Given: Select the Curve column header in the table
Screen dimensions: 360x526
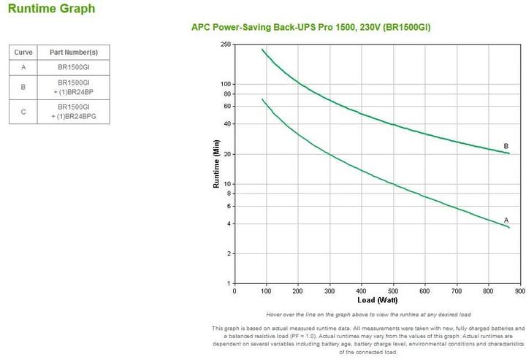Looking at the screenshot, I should tap(23, 53).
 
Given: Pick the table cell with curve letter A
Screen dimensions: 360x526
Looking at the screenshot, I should tap(23, 66).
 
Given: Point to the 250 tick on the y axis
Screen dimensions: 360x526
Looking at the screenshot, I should tap(226, 45).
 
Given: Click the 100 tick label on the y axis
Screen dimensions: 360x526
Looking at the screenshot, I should tap(226, 85).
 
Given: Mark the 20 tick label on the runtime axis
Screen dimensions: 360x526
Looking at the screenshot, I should tap(227, 154).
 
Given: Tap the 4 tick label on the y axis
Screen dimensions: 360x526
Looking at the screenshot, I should tap(229, 223).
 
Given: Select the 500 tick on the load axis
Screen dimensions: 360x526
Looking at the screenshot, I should tap(393, 291).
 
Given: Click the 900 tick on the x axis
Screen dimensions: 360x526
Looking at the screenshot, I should tap(520, 291).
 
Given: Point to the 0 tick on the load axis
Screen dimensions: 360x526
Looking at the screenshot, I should tap(235, 291).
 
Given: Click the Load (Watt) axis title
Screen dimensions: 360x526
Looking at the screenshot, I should tap(377, 300).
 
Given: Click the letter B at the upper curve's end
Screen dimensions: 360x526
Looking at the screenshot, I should tap(506, 146).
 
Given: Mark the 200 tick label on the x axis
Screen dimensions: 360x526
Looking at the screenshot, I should tap(298, 291).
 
